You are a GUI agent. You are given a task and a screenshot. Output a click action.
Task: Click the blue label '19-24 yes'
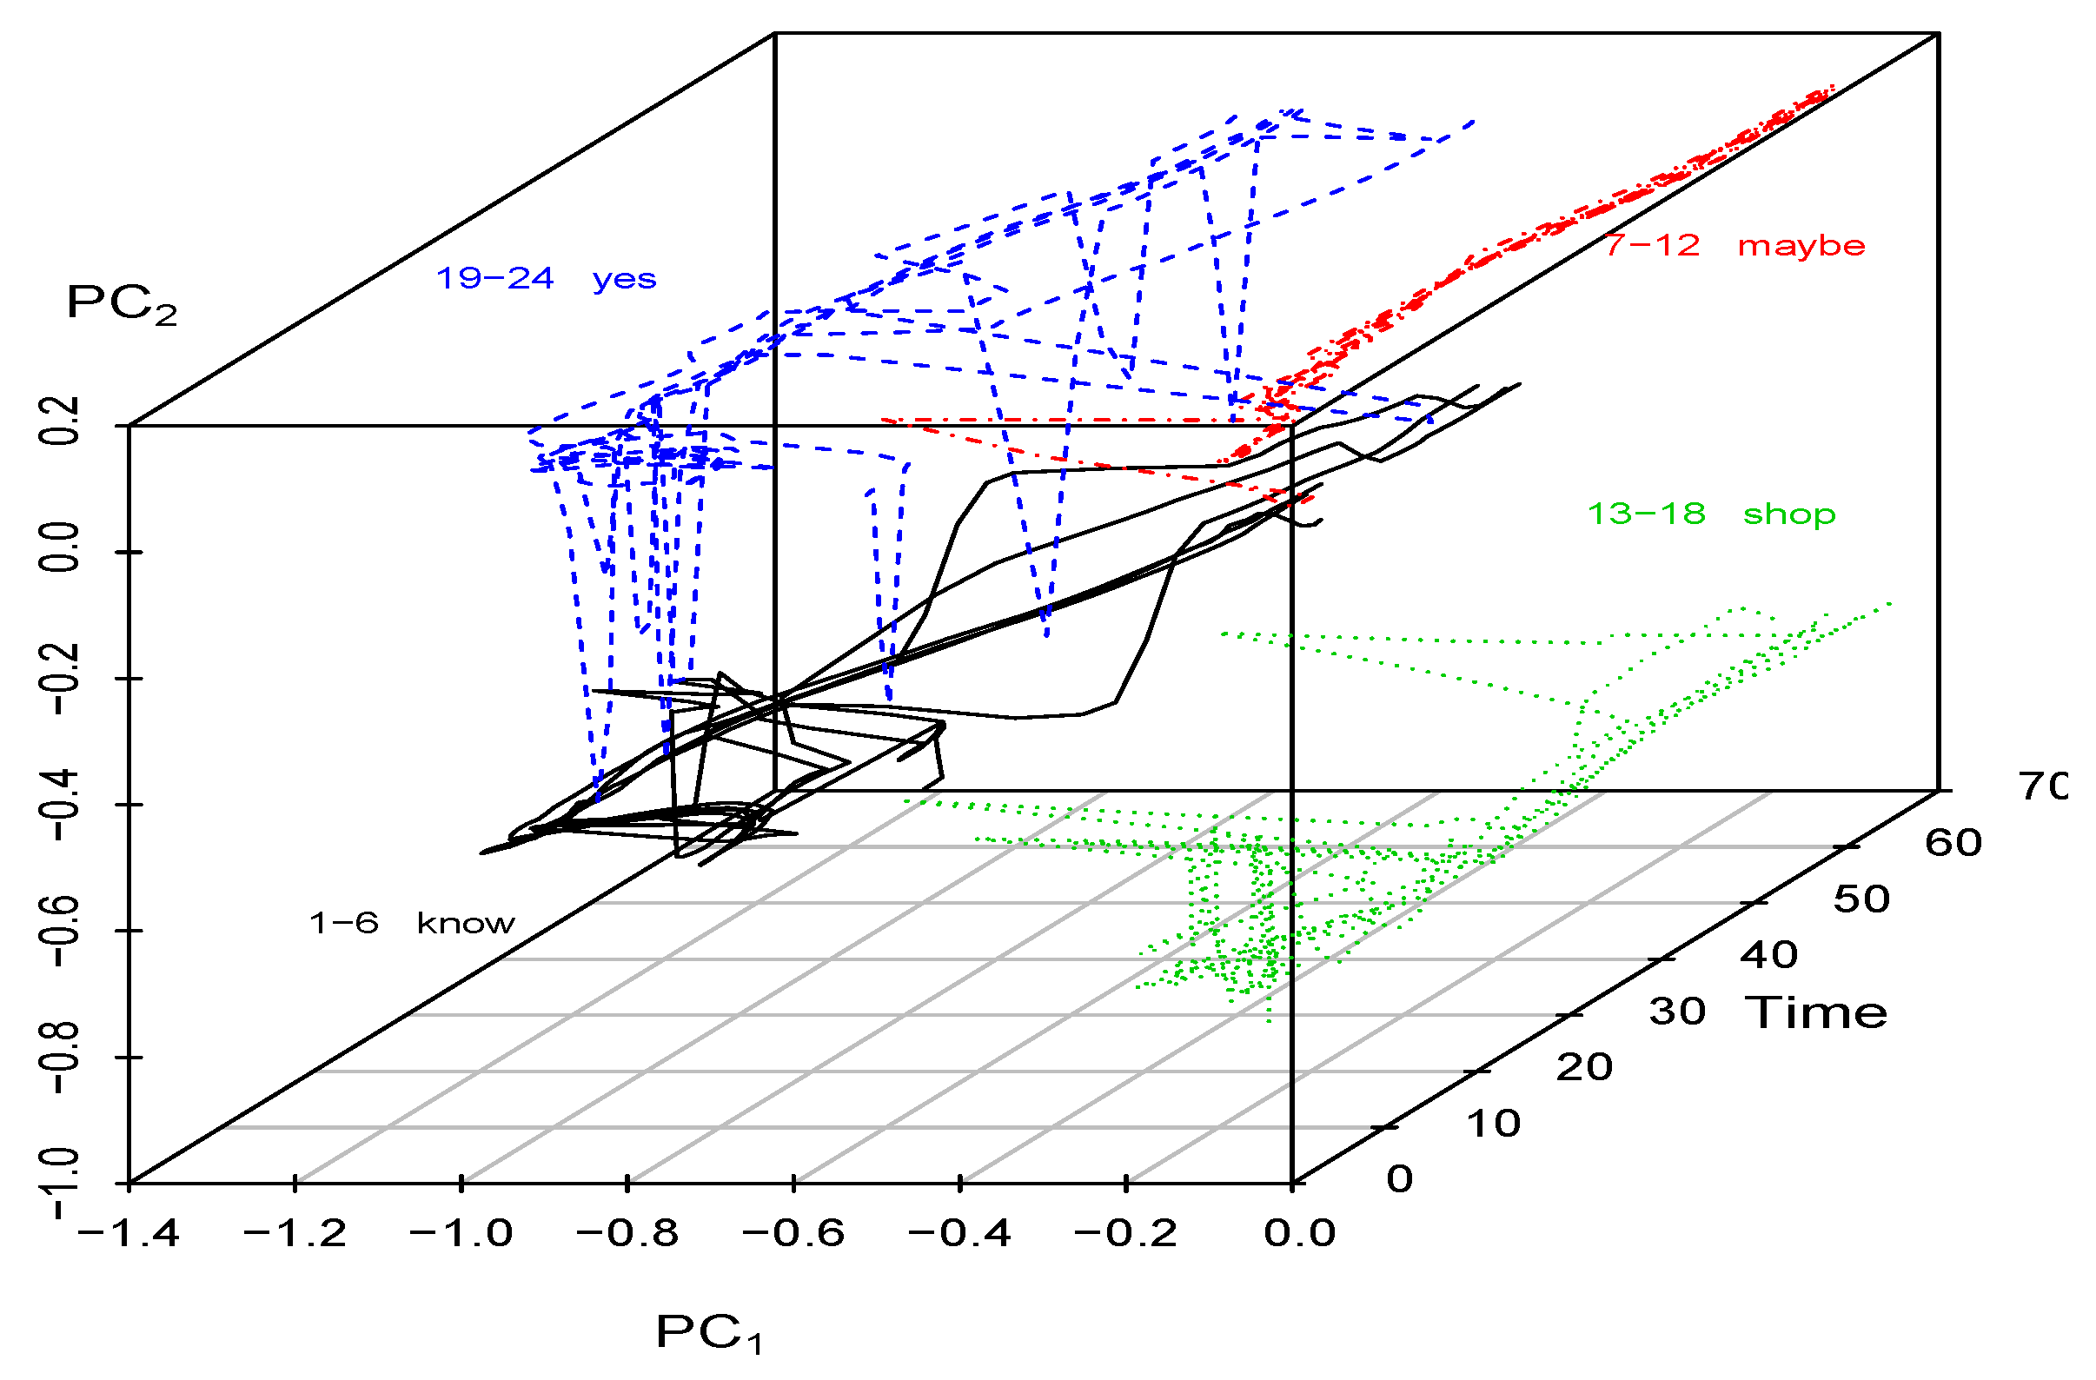click(546, 279)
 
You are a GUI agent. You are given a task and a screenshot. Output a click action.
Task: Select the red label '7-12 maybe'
click(1733, 245)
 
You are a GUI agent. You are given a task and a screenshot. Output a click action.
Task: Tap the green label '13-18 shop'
click(1710, 514)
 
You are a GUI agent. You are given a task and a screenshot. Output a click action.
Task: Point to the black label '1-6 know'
click(411, 923)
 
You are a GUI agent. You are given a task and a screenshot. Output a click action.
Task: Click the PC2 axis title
click(122, 304)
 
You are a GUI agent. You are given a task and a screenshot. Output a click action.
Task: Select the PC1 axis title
click(709, 1333)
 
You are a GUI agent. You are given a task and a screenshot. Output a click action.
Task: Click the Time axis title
click(1816, 1012)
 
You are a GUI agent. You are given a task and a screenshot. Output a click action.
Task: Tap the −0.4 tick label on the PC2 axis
click(62, 806)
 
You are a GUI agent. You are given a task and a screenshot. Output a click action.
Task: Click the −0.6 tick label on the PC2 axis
click(62, 932)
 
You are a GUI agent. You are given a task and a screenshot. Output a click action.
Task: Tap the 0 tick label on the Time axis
click(1399, 1179)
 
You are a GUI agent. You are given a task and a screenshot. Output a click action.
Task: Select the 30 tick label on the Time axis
click(1678, 1012)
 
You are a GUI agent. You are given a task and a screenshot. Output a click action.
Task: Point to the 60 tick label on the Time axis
click(1953, 843)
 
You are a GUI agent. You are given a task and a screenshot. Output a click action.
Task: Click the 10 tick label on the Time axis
click(1494, 1124)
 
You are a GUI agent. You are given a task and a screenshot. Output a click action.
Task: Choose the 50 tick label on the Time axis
click(1861, 899)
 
